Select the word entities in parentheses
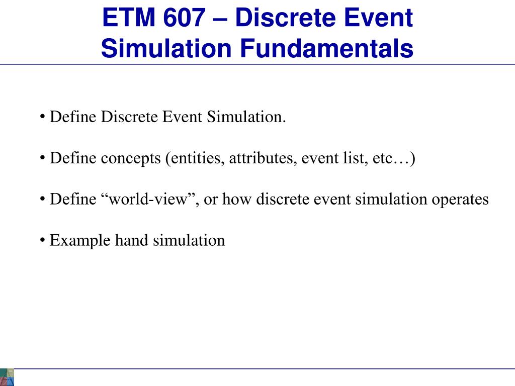click(196, 159)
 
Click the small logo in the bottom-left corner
click(7, 377)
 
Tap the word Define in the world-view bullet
click(72, 200)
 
